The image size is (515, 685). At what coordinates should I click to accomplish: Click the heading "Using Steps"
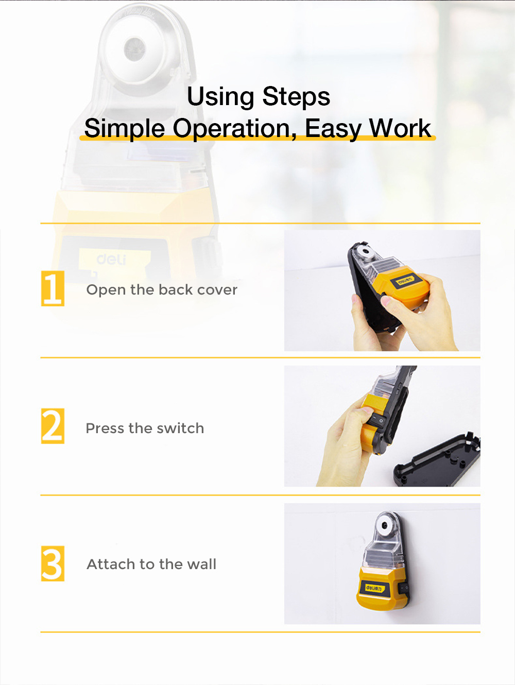(x=259, y=96)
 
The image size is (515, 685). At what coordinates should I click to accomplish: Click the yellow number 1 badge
(x=53, y=288)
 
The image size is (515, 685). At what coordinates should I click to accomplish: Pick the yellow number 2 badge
(x=53, y=426)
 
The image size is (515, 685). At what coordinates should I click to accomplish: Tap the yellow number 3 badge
(x=53, y=563)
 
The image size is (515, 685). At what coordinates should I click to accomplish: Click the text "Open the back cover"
(x=162, y=290)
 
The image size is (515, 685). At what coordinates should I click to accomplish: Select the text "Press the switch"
(x=145, y=428)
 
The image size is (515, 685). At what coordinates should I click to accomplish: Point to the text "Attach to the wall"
(x=151, y=564)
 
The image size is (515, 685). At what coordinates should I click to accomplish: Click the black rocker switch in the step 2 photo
(x=377, y=419)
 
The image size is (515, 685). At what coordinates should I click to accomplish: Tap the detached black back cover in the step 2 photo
(x=437, y=460)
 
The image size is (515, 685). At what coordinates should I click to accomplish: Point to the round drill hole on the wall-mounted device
(x=385, y=525)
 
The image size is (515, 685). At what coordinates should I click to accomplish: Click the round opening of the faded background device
(x=135, y=49)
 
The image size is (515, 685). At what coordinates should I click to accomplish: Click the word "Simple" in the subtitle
(x=125, y=129)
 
